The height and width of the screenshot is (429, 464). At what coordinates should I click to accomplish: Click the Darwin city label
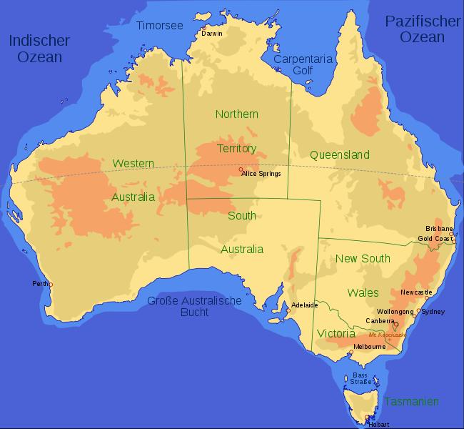point(212,34)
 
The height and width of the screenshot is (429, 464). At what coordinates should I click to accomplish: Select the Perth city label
point(39,284)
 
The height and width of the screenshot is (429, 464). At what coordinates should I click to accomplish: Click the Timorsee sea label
point(159,26)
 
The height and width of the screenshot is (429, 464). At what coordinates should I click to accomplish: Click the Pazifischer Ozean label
point(422,29)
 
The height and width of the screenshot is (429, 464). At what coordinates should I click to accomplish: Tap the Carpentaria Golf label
point(303,65)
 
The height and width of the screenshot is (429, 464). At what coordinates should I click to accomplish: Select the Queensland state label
point(340,155)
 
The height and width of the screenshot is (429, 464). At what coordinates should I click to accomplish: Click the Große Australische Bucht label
point(194,306)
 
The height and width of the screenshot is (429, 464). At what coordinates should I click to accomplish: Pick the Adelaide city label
point(305,305)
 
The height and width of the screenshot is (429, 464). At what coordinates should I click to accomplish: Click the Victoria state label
point(336,333)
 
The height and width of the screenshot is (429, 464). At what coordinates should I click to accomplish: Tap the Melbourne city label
point(370,347)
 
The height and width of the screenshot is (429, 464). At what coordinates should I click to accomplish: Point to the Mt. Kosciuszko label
point(388,334)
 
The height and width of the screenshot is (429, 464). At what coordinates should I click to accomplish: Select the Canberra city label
point(379,321)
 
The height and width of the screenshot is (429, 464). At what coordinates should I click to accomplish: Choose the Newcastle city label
point(416,292)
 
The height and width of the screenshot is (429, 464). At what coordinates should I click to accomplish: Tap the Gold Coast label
point(434,238)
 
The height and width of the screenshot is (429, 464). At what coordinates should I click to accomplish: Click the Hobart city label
point(378,424)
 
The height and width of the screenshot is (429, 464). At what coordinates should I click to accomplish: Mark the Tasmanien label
point(411,401)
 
